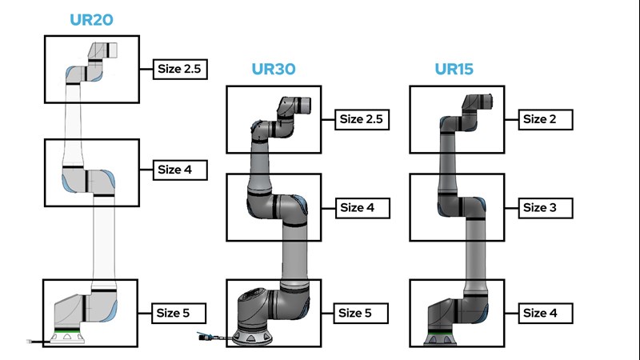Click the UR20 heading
pos(89,20)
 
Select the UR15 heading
pos(454,69)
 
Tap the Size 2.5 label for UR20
pos(180,69)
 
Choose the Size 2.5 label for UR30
pos(362,119)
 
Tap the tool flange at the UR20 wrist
pos(110,50)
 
